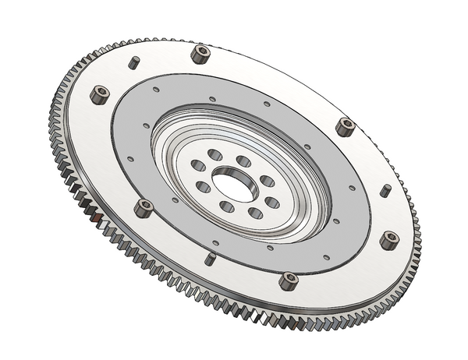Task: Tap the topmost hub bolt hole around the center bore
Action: (215, 154)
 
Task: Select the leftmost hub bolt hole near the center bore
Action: (198, 166)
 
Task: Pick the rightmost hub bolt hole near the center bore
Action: (271, 203)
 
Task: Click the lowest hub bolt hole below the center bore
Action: (254, 213)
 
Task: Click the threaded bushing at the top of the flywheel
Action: (200, 55)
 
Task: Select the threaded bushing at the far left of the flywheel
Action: (100, 95)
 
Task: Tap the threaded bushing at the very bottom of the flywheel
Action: (288, 281)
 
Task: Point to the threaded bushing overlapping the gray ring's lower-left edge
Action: (144, 208)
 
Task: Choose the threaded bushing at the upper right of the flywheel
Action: (345, 126)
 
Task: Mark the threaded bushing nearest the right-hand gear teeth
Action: (389, 239)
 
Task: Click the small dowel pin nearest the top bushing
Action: (134, 62)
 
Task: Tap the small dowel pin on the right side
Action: (385, 190)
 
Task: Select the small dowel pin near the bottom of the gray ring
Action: (210, 259)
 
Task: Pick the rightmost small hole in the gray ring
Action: (352, 188)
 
